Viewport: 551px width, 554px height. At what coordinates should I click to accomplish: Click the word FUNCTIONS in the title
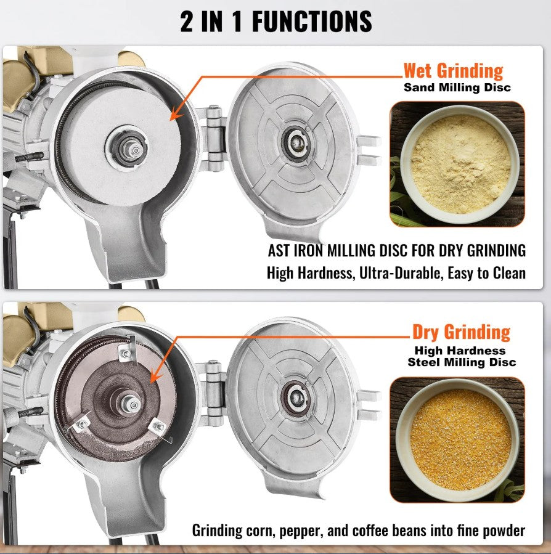tap(312, 22)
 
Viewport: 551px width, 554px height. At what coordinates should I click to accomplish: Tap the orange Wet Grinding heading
tap(453, 71)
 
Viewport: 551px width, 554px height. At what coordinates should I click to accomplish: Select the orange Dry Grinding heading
tap(461, 333)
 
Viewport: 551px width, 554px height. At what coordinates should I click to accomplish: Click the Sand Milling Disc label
tap(457, 88)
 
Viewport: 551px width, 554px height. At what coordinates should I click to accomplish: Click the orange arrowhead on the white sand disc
tap(176, 115)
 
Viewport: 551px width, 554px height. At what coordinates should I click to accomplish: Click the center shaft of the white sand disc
tap(134, 150)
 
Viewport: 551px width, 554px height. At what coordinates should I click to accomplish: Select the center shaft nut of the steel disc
tap(132, 404)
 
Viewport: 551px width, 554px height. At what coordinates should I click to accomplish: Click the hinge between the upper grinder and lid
tap(213, 138)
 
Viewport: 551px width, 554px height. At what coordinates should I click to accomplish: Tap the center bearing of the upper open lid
tap(297, 143)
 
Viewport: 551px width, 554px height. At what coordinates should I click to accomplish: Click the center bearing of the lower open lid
tap(296, 399)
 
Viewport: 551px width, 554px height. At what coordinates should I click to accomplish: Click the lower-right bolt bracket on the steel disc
tap(158, 428)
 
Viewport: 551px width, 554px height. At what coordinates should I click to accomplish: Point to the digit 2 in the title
tap(187, 22)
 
